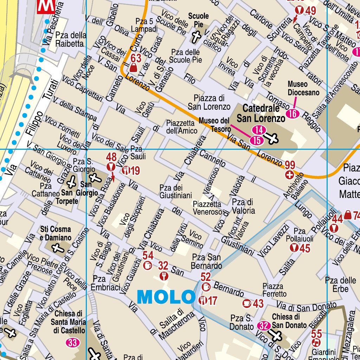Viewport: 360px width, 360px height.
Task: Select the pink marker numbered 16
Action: [292, 114]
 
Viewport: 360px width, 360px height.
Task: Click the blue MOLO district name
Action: [166, 297]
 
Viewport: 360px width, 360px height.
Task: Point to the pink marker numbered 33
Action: [72, 342]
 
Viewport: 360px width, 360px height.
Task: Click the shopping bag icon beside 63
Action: [134, 67]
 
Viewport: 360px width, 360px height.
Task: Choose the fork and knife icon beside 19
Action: [126, 171]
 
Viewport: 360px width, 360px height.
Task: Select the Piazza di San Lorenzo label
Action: [209, 102]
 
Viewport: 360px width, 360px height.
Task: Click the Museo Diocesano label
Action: [303, 88]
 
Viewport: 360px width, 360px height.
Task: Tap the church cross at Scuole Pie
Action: [196, 37]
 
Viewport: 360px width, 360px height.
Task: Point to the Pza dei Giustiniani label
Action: [175, 191]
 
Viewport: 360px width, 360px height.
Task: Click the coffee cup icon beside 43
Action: [247, 303]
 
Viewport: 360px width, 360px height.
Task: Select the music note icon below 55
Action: [316, 342]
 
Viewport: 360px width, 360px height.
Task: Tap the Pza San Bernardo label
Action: [207, 261]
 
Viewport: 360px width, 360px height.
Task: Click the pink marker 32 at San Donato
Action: [263, 326]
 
